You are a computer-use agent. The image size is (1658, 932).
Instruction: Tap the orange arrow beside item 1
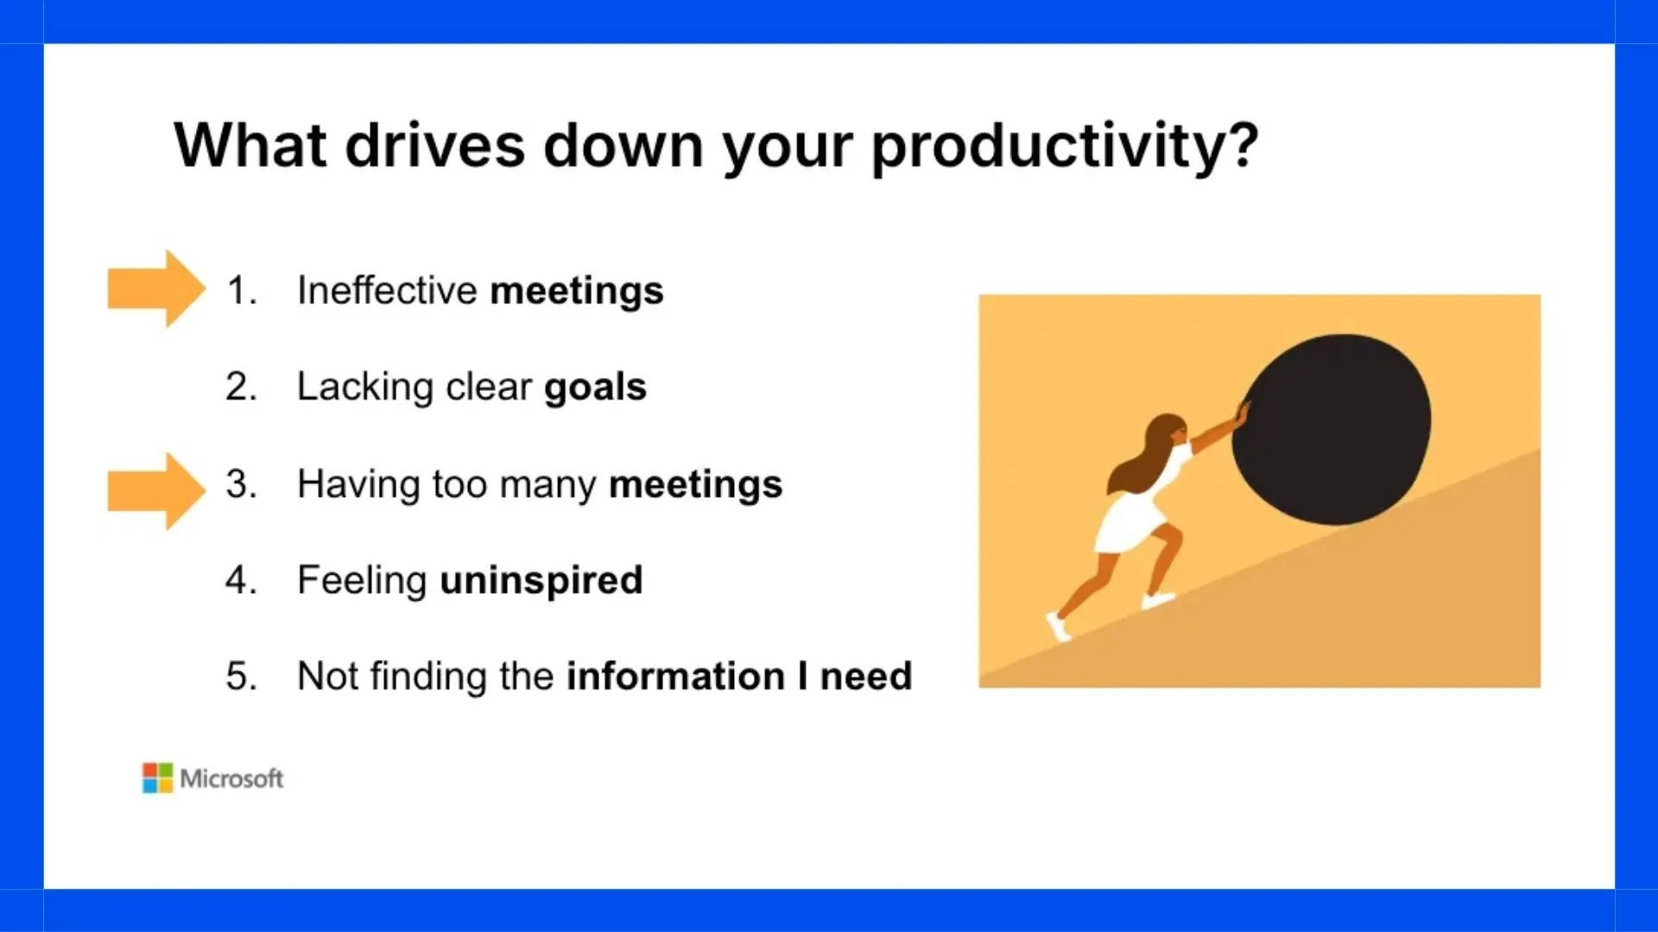click(156, 289)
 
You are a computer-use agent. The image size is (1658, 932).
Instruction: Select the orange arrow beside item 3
click(156, 491)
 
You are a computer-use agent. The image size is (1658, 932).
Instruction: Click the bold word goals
click(595, 388)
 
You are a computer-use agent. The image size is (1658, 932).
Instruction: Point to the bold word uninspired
click(541, 581)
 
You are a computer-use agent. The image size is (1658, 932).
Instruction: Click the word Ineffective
click(388, 290)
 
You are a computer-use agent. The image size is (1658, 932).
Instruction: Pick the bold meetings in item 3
click(695, 485)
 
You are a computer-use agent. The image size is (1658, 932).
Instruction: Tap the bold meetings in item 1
click(577, 292)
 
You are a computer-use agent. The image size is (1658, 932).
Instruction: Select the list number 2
click(241, 387)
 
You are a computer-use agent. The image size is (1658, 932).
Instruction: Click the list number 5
click(241, 676)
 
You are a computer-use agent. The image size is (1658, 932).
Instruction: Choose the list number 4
click(241, 580)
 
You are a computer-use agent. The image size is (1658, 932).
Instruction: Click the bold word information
click(675, 676)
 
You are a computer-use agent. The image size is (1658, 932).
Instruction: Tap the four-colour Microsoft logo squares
click(157, 778)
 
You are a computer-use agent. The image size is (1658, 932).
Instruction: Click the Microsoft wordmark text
click(231, 779)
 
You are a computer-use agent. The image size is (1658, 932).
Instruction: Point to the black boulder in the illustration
click(1331, 429)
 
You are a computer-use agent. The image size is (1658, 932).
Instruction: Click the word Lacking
click(365, 387)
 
